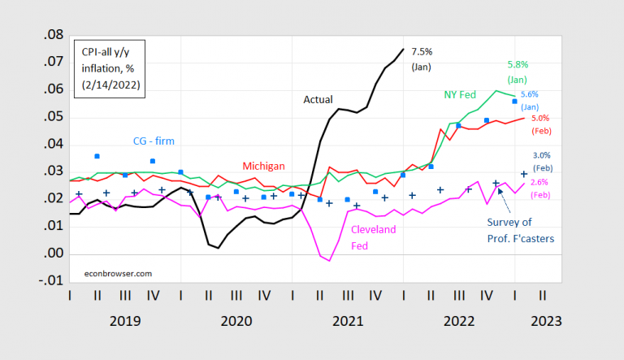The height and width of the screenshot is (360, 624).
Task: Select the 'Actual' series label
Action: [318, 99]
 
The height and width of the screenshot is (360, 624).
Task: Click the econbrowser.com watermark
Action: [119, 273]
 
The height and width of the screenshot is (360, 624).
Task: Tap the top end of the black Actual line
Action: [403, 50]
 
